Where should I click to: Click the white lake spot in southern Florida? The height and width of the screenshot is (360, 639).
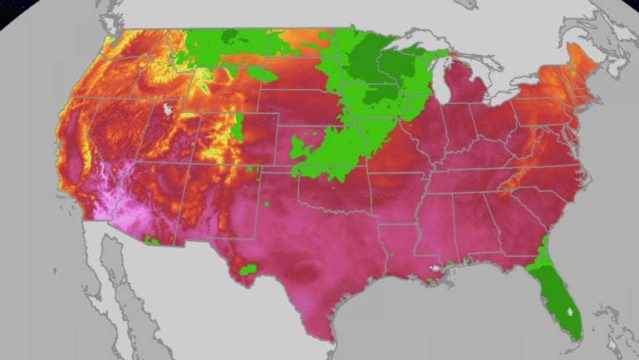(569, 312)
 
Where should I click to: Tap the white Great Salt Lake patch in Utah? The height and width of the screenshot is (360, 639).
(171, 109)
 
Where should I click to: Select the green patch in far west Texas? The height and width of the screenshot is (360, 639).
(247, 269)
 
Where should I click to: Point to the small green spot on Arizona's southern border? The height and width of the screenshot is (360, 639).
(150, 239)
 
